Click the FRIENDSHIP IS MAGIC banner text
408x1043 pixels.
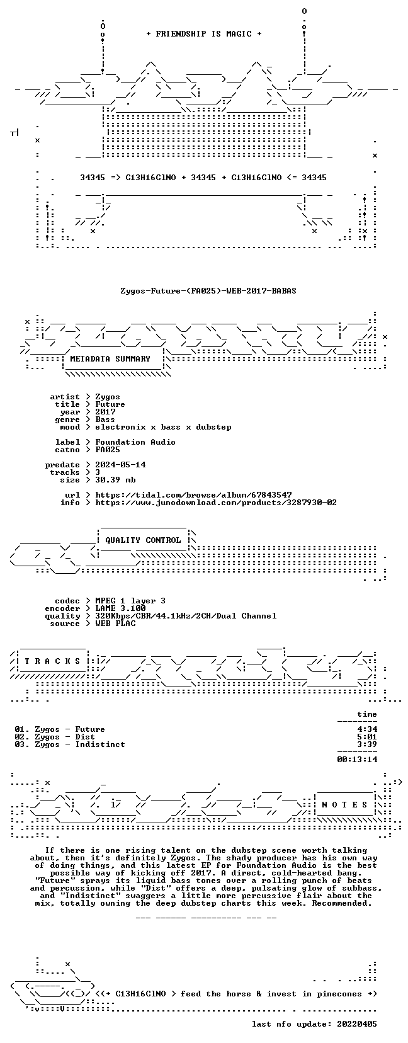pos(204,34)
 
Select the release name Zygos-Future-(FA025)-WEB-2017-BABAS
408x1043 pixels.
pos(208,291)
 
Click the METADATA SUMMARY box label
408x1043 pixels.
pos(110,359)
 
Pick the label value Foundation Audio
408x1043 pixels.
pos(135,442)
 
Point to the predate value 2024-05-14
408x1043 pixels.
pos(120,465)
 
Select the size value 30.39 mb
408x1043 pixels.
pos(115,480)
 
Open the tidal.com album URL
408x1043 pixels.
pos(193,495)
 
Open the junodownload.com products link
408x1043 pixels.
pos(216,503)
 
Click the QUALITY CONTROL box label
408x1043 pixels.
pos(143,540)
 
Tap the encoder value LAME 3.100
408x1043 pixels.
pos(120,608)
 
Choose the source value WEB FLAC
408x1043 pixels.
pos(115,624)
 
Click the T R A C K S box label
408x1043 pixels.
pos(52,661)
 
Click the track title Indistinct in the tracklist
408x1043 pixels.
pos(100,744)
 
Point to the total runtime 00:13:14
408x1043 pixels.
pos(357,760)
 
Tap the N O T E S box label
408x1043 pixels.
pos(345,804)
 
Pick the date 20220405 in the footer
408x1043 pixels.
pos(357,1024)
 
